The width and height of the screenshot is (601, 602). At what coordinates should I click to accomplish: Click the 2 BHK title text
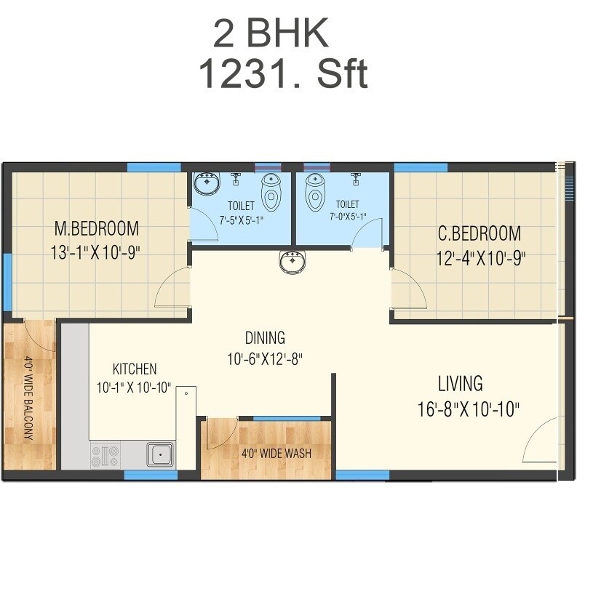coord(271,33)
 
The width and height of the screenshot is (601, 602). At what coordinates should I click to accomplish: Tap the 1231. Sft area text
coord(282,74)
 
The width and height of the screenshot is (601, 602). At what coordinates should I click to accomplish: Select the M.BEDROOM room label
coord(97,229)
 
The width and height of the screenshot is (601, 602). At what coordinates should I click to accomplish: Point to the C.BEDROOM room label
coord(479,234)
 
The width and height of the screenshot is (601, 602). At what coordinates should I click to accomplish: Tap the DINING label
coord(265,338)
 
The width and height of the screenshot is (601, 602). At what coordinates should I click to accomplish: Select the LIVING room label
coord(460,383)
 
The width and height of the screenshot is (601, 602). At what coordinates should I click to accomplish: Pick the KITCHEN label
coord(134,369)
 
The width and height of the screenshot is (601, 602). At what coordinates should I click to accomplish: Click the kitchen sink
coord(159,455)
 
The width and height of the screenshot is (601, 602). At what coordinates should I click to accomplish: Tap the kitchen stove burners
coord(105,456)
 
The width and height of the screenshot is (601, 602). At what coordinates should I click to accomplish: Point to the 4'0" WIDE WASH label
coord(276,454)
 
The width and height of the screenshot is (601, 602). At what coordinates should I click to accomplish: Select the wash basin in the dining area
coord(292,260)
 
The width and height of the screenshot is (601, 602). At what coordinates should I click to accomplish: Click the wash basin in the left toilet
coord(207,183)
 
